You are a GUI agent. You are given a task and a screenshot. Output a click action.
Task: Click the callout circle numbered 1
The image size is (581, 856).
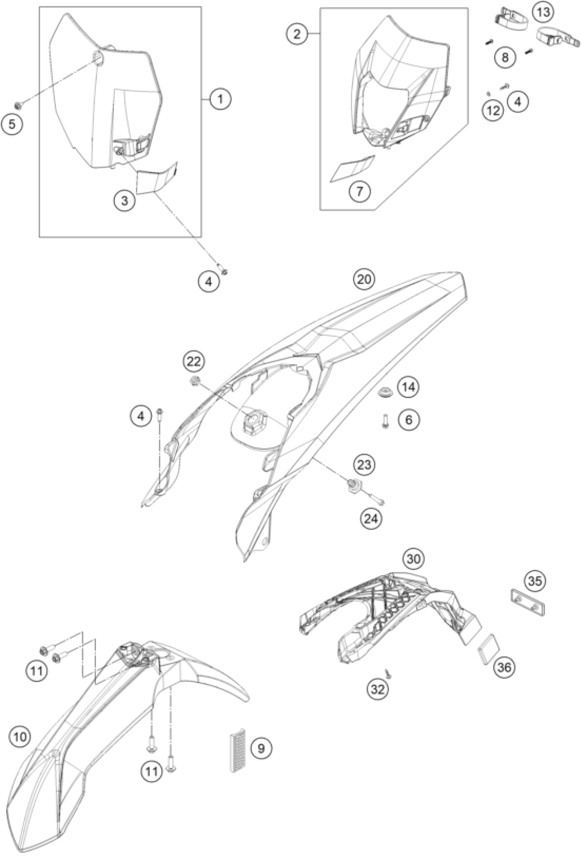tap(220, 100)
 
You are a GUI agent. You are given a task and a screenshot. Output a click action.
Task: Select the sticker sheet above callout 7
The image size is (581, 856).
tap(352, 168)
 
